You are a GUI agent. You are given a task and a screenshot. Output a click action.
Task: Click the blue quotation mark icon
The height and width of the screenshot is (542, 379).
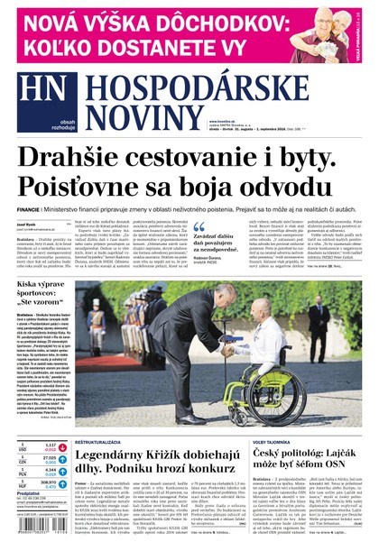[199, 228]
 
